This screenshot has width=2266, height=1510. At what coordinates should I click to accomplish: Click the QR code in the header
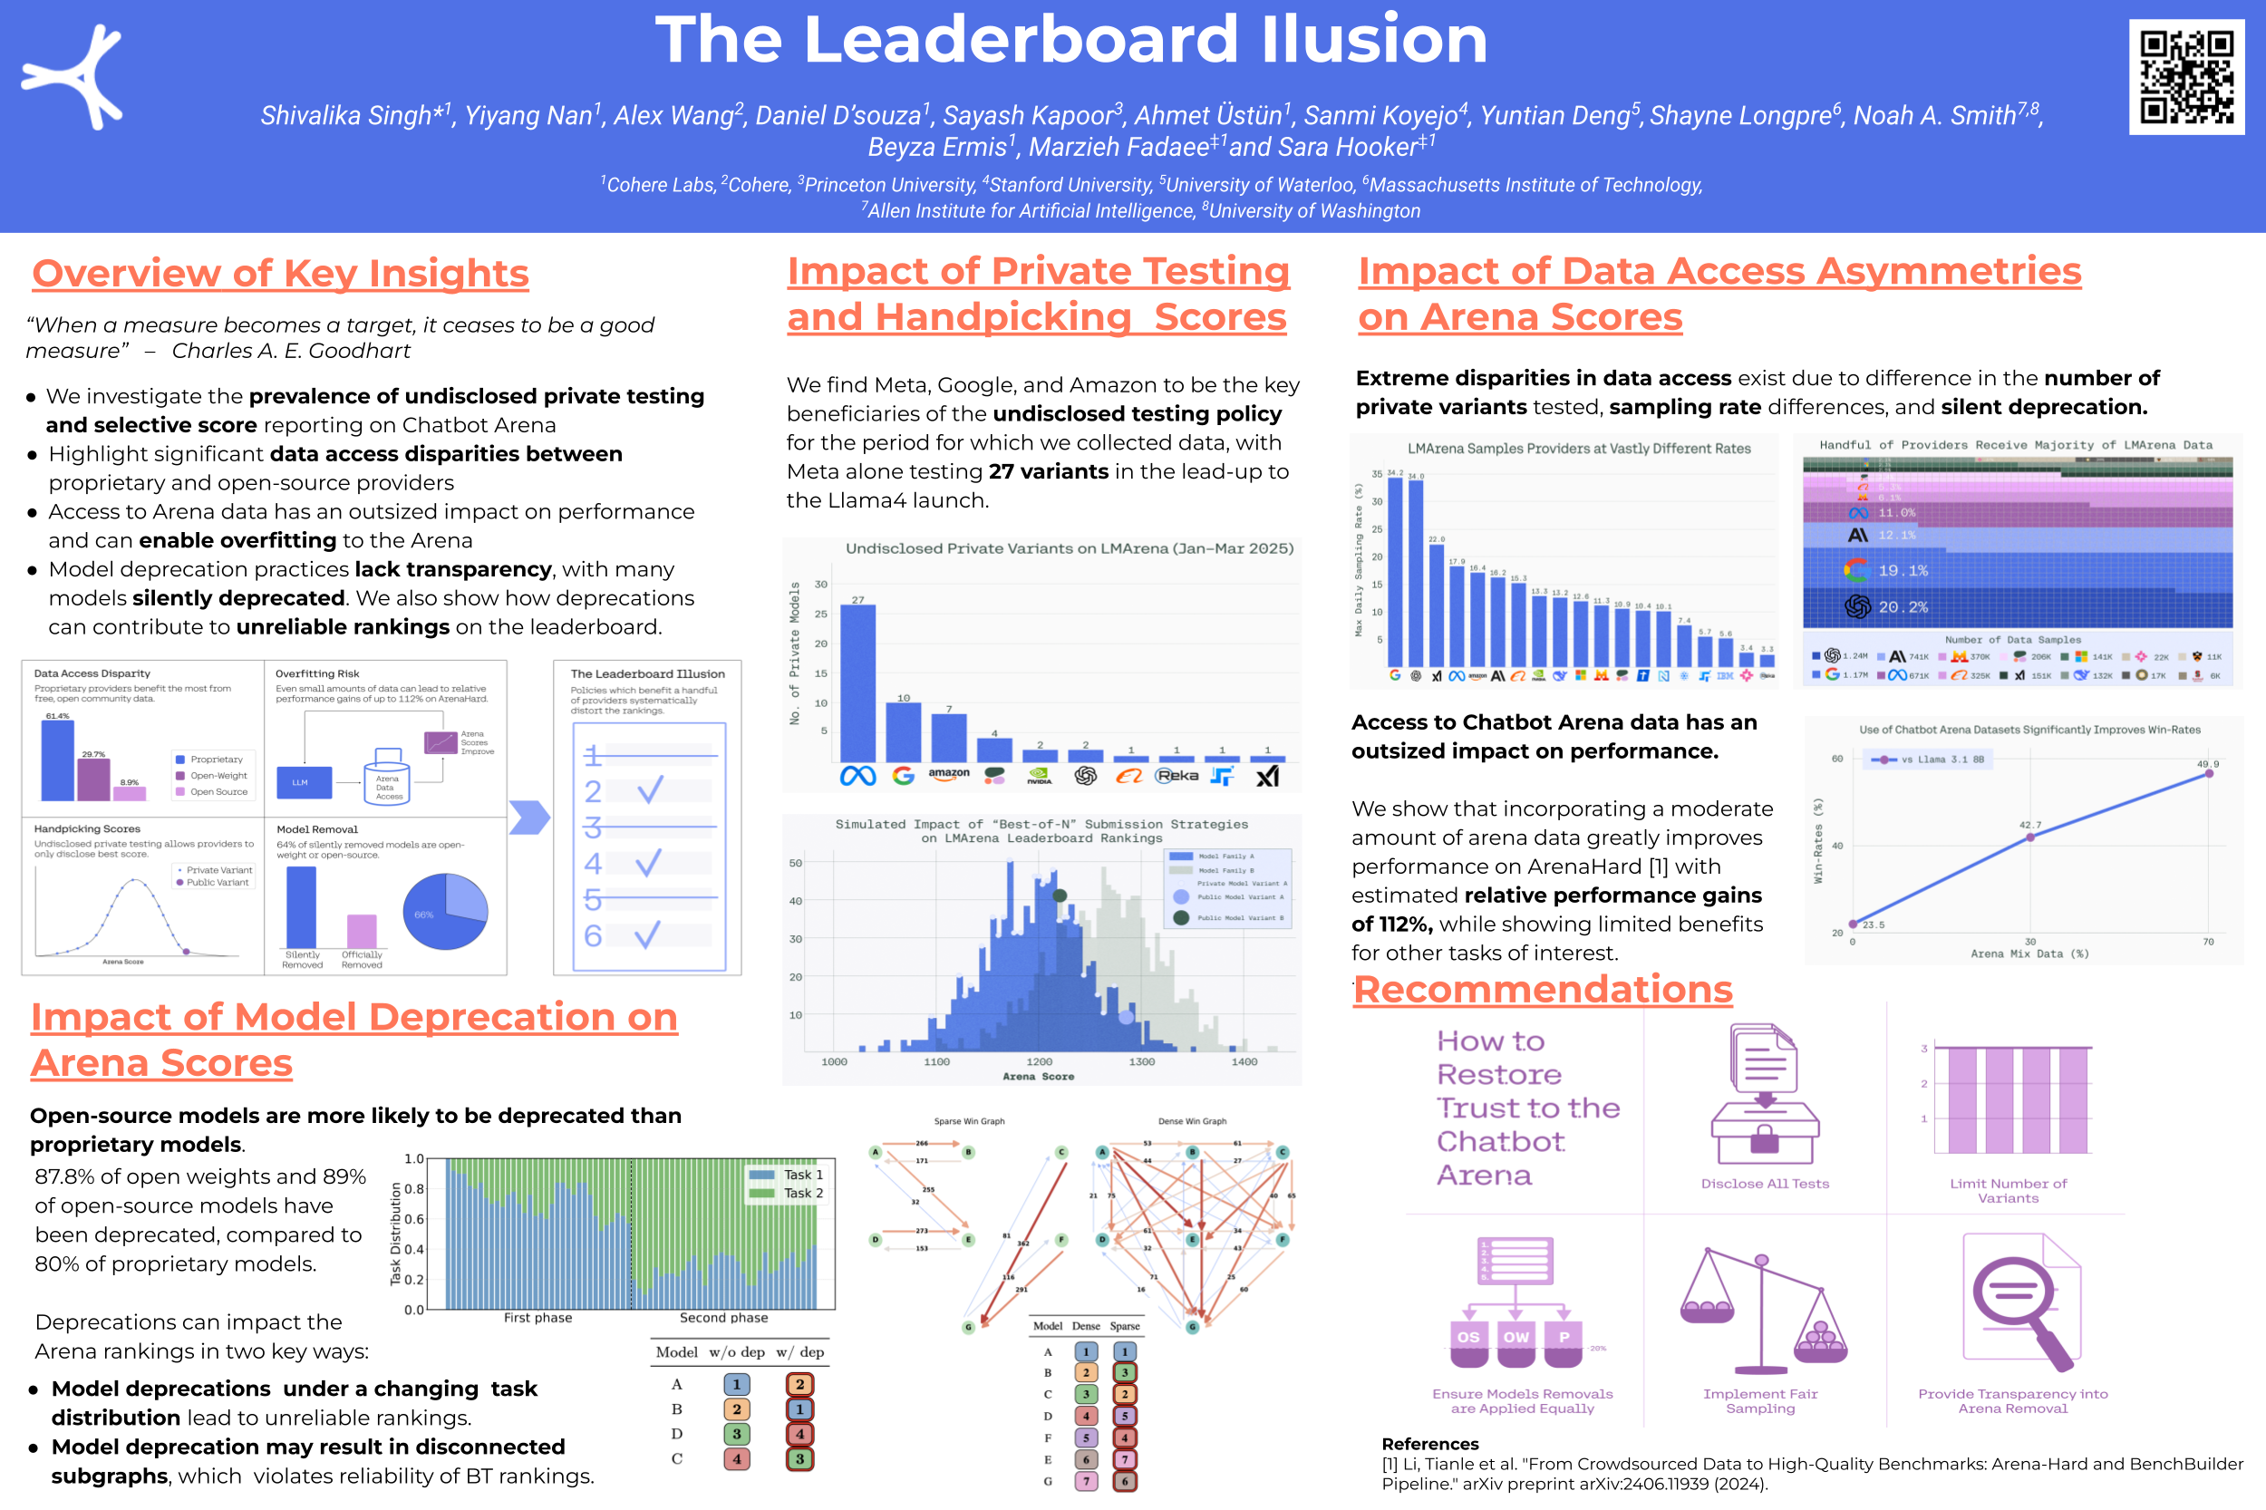click(2186, 77)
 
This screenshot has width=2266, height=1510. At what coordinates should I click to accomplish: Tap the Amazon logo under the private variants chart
click(949, 774)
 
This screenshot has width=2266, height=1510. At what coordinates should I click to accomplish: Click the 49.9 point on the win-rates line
click(2209, 773)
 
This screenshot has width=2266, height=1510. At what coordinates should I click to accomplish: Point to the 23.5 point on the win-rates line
click(1853, 924)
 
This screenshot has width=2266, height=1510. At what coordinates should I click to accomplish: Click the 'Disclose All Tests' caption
click(1764, 1184)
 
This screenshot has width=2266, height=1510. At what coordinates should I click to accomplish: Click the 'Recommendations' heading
click(1543, 990)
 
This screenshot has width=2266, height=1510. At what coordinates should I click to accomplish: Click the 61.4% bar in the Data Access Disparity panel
click(58, 760)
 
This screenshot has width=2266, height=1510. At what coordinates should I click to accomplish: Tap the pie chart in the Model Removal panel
click(445, 911)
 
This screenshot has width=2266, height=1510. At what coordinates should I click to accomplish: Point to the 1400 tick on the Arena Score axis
click(1244, 1061)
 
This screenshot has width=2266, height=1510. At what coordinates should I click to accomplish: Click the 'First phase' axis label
click(537, 1318)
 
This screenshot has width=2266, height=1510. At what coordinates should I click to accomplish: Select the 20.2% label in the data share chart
click(1903, 606)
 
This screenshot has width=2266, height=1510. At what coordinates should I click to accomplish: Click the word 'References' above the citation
click(1430, 1444)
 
